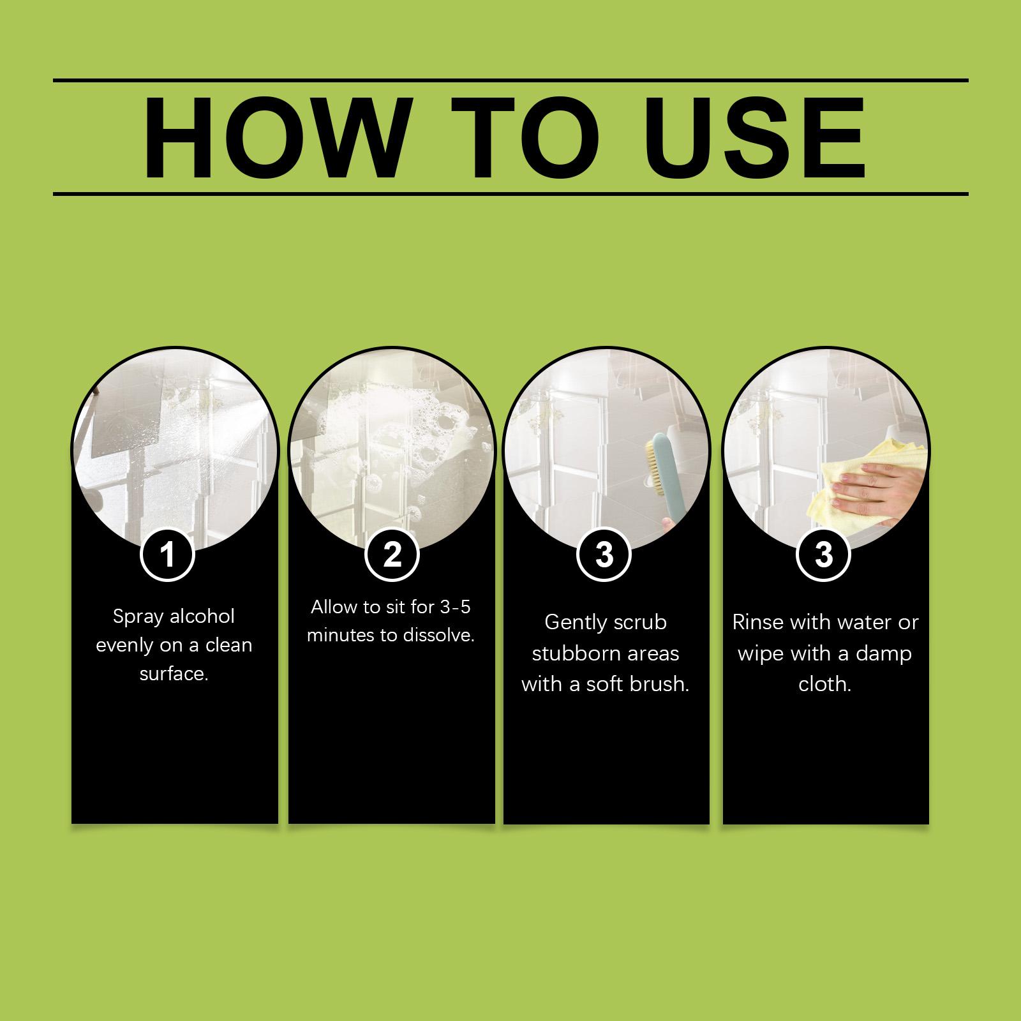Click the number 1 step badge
pyautogui.click(x=168, y=554)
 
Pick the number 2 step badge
pyautogui.click(x=392, y=554)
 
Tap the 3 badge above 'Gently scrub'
pyautogui.click(x=604, y=554)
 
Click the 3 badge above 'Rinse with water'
pyautogui.click(x=824, y=554)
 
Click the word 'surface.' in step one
pyautogui.click(x=174, y=674)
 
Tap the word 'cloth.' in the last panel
pyautogui.click(x=824, y=685)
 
